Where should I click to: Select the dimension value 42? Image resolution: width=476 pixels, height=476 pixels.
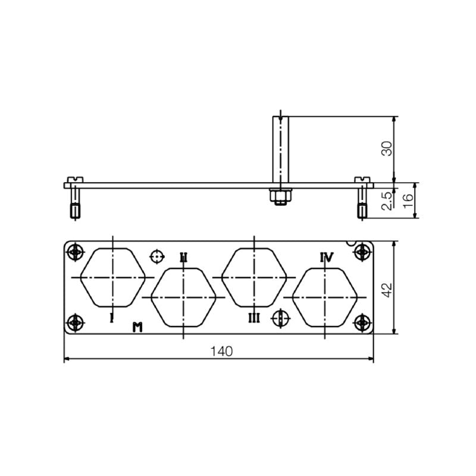point(387,289)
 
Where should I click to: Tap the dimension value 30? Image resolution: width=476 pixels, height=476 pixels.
point(387,149)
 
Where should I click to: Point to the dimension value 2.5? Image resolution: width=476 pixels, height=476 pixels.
point(387,201)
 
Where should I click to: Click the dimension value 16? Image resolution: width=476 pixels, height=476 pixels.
point(408,201)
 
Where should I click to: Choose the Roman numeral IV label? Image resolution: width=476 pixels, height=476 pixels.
point(327,257)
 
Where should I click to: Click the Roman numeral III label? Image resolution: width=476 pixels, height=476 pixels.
point(254,318)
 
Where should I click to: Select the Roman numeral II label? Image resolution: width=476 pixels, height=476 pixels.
point(184,257)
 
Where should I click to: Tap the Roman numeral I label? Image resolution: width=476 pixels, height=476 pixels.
point(112,318)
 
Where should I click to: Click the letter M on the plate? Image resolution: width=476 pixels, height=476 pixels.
point(137,326)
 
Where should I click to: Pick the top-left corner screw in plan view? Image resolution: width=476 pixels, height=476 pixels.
point(74,252)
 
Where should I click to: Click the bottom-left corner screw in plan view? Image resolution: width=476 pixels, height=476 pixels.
point(74,323)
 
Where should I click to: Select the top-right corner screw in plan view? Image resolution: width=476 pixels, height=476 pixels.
point(361,252)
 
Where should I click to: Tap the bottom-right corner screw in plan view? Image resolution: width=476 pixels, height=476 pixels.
point(361,323)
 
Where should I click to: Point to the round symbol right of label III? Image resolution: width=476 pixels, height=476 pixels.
point(280,318)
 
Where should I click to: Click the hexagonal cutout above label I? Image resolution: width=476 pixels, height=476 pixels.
point(113,277)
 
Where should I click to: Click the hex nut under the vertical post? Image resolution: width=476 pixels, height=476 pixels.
point(278,196)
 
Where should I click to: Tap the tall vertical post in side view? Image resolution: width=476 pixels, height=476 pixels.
point(278,149)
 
